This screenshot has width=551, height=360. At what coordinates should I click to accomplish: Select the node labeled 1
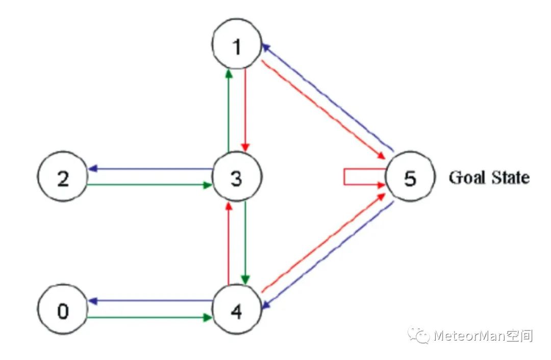(237, 46)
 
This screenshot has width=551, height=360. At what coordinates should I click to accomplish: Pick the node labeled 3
(237, 177)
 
